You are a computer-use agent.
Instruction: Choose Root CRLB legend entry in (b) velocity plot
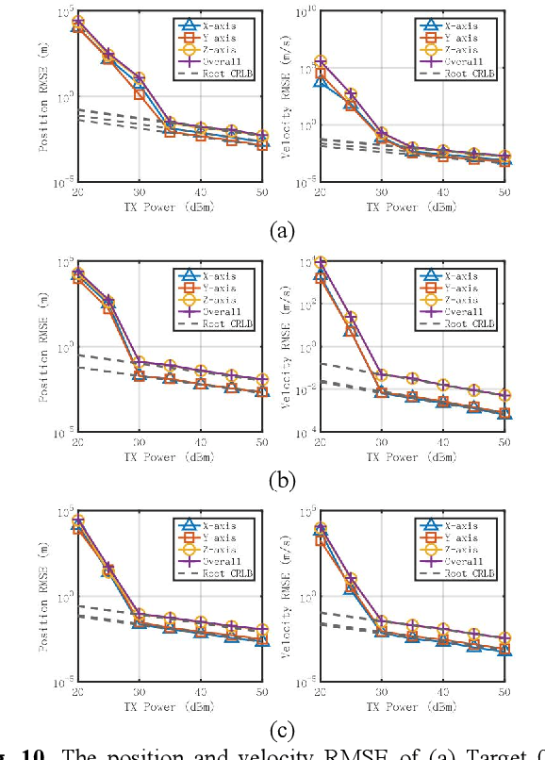point(469,323)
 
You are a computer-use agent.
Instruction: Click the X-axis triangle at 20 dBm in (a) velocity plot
point(322,82)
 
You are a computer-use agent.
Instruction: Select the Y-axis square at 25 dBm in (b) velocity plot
point(352,331)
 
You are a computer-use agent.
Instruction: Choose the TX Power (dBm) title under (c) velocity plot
point(413,706)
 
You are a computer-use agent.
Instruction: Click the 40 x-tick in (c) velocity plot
point(443,691)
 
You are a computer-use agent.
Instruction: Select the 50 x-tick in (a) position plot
point(260,192)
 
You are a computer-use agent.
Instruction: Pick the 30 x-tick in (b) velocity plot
point(382,443)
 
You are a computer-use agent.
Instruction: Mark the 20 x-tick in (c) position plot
point(78,691)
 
